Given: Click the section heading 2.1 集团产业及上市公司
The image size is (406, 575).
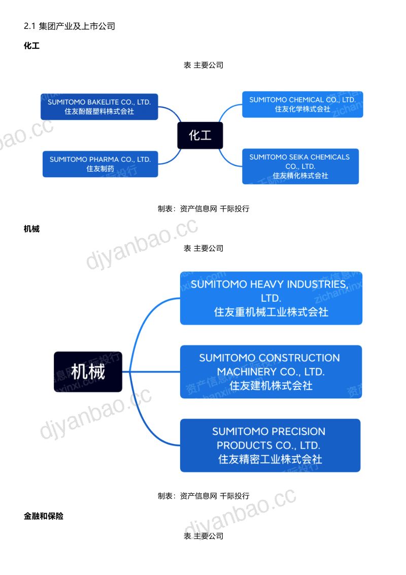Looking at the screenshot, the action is (70, 26).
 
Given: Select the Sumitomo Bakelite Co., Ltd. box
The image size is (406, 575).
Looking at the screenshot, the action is (99, 107).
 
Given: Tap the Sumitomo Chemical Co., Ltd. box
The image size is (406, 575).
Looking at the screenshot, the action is (302, 105).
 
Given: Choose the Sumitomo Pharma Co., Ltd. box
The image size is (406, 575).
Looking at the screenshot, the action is (100, 164).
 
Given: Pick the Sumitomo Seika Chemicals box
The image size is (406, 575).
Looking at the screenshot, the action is (300, 166).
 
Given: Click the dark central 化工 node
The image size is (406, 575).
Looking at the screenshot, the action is (200, 136).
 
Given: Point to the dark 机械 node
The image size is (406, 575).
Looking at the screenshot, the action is (88, 372).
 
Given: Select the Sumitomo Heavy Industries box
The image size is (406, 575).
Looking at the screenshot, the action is (271, 298).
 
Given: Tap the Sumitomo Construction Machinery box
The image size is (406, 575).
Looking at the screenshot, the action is (271, 372).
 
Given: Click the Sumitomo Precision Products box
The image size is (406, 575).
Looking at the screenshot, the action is (270, 445).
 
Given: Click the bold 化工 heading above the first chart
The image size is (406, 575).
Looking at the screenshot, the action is (31, 46).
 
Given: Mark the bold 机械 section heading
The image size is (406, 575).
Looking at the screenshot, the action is (31, 229).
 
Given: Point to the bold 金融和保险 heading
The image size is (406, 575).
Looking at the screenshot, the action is (43, 516).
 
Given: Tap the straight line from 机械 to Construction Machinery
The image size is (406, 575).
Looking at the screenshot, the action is (151, 372).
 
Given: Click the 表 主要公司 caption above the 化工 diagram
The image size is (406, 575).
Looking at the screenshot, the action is (204, 65).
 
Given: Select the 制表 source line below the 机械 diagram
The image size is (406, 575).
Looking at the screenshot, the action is (204, 496).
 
